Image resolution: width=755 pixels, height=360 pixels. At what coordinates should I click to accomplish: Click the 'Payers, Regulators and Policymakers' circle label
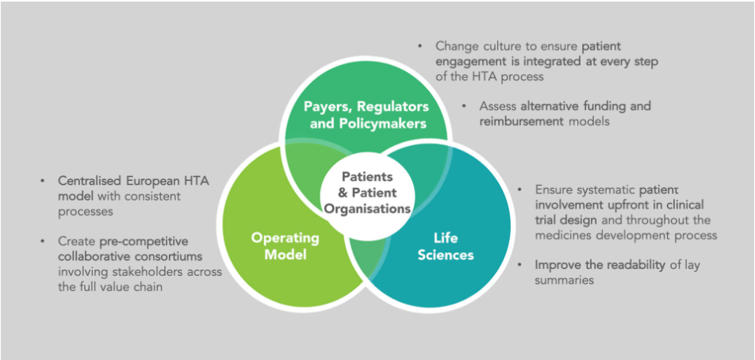coord(366,114)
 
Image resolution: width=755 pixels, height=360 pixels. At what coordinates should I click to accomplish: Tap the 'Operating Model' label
coord(286,246)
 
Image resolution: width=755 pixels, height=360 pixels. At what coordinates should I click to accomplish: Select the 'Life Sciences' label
coord(446,247)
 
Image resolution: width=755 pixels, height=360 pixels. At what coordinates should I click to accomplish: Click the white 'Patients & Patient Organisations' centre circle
coord(367,193)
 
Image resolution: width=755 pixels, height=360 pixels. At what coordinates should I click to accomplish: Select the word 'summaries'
coord(565,280)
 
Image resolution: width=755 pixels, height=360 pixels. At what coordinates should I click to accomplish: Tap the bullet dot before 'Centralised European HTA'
coord(43,181)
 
